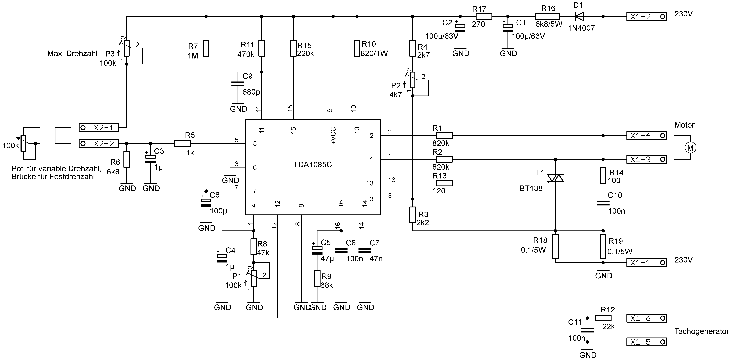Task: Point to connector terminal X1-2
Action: click(x=646, y=17)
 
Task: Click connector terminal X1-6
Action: click(x=646, y=318)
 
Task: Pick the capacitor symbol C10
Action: click(x=603, y=203)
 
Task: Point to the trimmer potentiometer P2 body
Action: click(x=413, y=80)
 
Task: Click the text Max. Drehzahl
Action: click(x=72, y=53)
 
